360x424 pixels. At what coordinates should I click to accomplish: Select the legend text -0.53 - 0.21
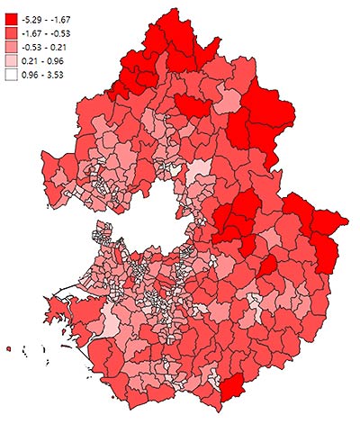click(50, 45)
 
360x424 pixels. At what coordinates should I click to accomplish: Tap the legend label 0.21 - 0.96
click(49, 59)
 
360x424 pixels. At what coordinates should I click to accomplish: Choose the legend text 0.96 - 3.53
click(49, 73)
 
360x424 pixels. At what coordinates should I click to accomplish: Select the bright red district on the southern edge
click(232, 387)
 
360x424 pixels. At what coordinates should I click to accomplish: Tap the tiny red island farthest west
click(8, 347)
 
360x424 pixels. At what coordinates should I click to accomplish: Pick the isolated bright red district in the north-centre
click(192, 106)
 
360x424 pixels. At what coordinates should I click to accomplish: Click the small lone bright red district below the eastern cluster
click(266, 266)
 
